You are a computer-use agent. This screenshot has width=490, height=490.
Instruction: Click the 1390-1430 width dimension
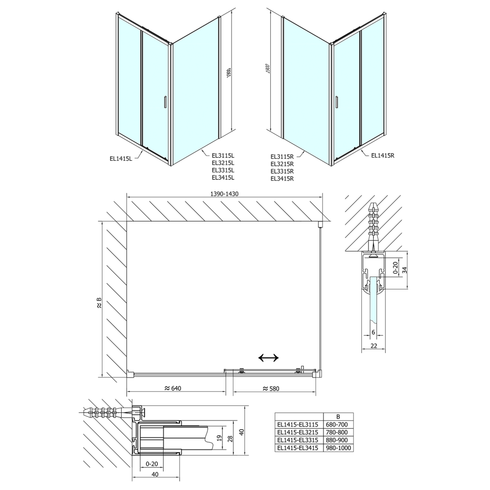pyautogui.click(x=223, y=194)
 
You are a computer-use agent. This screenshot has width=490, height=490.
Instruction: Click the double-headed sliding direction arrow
pyautogui.click(x=268, y=358)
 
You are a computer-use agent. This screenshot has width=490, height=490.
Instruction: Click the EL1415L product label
pyautogui.click(x=121, y=159)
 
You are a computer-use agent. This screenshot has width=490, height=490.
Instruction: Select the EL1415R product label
pyautogui.click(x=382, y=155)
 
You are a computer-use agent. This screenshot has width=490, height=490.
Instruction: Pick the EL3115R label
pyautogui.click(x=282, y=156)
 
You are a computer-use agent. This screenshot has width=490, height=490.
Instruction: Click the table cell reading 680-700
pyautogui.click(x=338, y=424)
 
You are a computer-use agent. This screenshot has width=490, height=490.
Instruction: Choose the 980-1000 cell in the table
pyautogui.click(x=338, y=447)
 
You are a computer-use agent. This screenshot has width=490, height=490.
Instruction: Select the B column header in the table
pyautogui.click(x=338, y=416)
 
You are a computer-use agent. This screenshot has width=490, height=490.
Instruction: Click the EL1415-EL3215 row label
pyautogui.click(x=297, y=432)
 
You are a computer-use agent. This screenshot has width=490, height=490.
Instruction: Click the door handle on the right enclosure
pyautogui.click(x=337, y=102)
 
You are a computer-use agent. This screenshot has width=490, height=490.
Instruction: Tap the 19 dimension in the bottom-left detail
pyautogui.click(x=219, y=437)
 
